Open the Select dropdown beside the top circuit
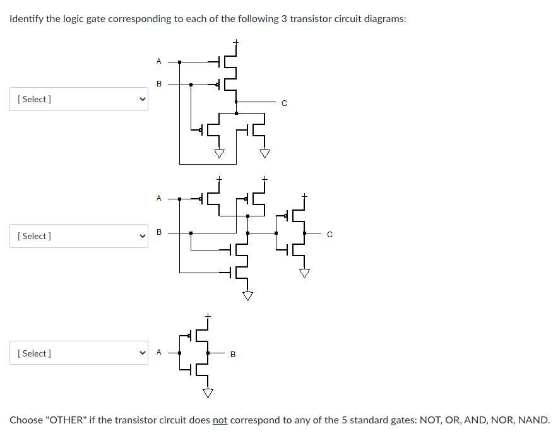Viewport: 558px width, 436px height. point(79,99)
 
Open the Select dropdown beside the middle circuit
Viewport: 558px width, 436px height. point(79,236)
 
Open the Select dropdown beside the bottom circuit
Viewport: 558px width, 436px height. point(79,353)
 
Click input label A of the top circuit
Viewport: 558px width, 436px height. point(158,61)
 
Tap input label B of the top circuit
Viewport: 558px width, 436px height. point(158,83)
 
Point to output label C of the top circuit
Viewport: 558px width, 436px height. point(284,103)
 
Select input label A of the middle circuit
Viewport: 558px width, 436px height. point(158,198)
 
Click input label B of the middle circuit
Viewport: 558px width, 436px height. point(158,232)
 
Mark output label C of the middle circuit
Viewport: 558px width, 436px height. point(329,235)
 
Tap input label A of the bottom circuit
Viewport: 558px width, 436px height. point(158,353)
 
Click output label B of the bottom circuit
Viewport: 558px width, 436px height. point(232,355)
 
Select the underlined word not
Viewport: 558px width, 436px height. point(220,420)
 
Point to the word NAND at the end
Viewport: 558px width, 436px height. point(534,420)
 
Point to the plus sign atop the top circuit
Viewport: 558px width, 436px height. point(235,42)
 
